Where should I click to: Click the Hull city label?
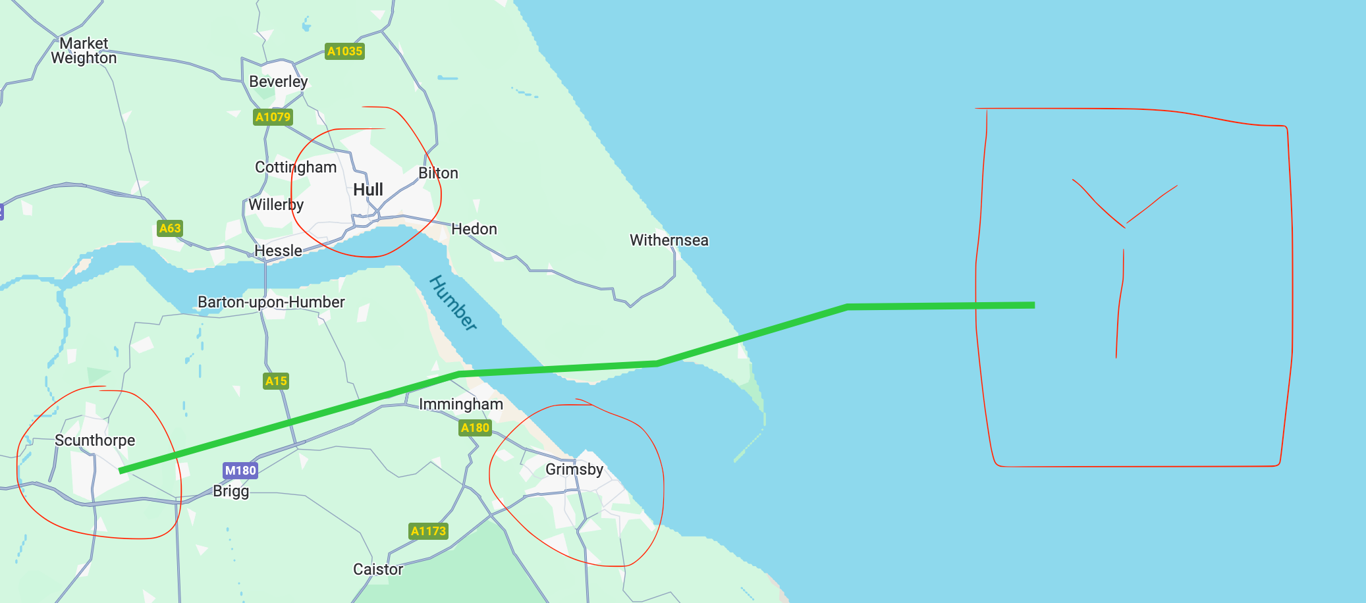[368, 190]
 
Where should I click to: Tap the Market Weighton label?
[84, 51]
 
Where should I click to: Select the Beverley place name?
[278, 82]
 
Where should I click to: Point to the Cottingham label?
[296, 167]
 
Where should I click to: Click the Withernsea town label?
[669, 240]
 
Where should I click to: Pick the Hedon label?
[474, 229]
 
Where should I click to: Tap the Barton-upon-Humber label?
[271, 302]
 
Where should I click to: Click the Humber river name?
[453, 303]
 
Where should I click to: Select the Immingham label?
[460, 404]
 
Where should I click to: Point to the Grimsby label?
[574, 469]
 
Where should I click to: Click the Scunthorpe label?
[95, 440]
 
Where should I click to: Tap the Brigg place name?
[231, 491]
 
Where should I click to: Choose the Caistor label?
[377, 569]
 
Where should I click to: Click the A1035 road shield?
[344, 51]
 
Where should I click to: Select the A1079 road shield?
[273, 117]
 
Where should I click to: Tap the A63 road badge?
[169, 228]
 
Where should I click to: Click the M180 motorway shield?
[240, 471]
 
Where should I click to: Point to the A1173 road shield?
[428, 531]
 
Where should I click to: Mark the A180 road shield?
[475, 428]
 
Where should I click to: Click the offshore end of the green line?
[1032, 305]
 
